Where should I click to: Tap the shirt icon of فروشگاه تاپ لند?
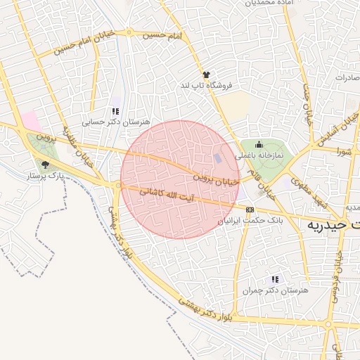point(206,75)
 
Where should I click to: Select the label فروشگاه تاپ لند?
point(205,85)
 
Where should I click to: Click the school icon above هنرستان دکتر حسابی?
point(115,111)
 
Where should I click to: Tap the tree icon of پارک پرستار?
point(46,165)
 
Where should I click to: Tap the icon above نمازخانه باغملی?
point(258,145)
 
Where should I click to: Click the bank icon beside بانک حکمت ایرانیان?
point(250,210)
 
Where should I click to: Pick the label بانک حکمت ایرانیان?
point(250,221)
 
